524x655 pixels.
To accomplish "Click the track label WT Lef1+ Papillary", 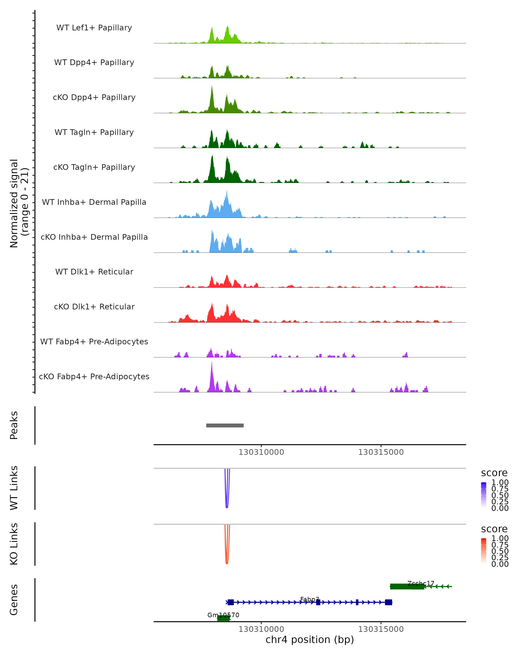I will point(94,28).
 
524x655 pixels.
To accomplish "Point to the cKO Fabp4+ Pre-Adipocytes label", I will point(94,376).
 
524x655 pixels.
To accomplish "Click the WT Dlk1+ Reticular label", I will point(94,272).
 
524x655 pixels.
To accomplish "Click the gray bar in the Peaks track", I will point(225,425).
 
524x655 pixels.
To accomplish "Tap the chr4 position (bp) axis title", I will point(310,639).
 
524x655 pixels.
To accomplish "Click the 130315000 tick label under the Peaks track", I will point(381,452).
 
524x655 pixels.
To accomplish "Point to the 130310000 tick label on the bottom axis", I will point(261,629).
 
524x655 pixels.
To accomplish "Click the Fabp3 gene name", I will point(310,599).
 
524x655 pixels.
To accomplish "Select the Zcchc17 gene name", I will point(421,583).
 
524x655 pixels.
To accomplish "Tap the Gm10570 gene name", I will point(223,615).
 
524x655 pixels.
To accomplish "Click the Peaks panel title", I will point(14,425).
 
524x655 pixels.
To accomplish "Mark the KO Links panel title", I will point(14,544).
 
